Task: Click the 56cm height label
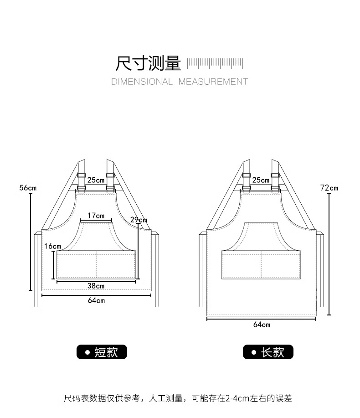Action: (28, 187)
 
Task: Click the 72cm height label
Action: (329, 187)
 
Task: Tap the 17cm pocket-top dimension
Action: (96, 215)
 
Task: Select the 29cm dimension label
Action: (139, 220)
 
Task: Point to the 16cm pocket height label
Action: (52, 246)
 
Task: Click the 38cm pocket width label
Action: (96, 286)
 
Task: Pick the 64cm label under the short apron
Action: (96, 300)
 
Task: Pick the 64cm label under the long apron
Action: (262, 325)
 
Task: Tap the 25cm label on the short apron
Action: (96, 180)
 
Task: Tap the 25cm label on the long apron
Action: (260, 180)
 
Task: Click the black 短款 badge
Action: (102, 352)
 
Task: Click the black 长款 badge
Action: (268, 352)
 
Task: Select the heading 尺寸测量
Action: (148, 63)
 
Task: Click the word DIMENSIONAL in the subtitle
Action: (142, 82)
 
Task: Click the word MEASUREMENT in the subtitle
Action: (213, 82)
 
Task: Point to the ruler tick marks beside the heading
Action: (215, 63)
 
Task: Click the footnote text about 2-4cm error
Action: (178, 398)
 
